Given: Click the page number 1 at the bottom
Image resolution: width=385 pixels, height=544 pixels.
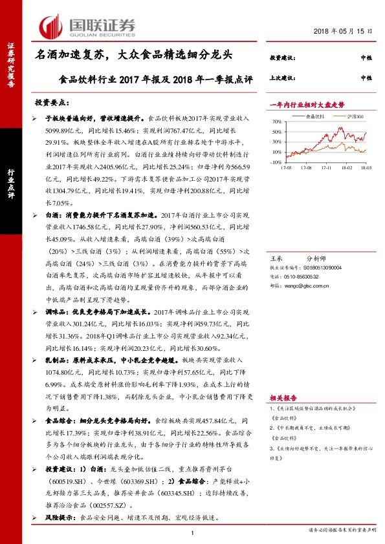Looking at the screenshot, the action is (193, 532).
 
